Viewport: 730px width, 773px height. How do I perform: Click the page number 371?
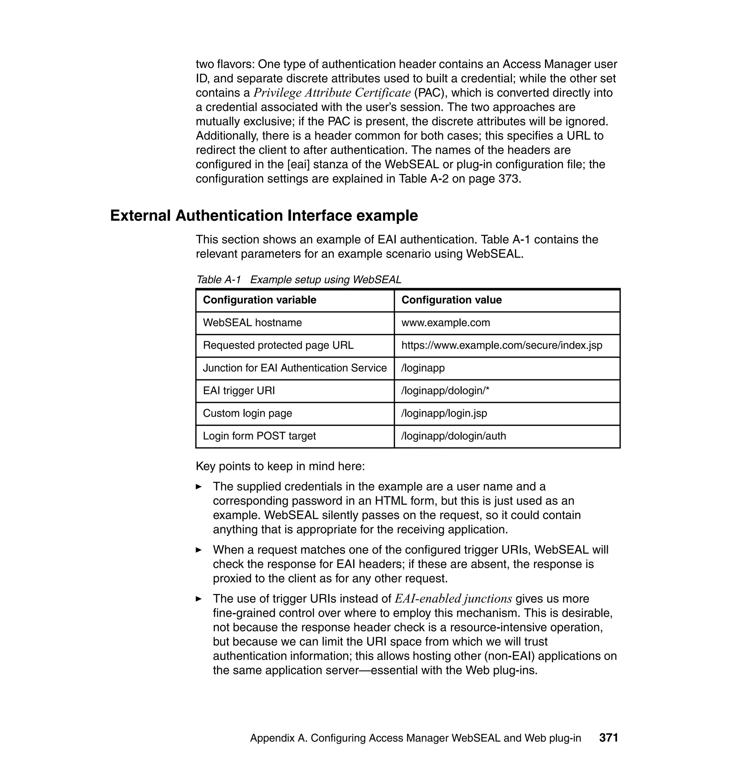pyautogui.click(x=608, y=738)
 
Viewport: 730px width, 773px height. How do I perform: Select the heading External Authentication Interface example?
pyautogui.click(x=264, y=216)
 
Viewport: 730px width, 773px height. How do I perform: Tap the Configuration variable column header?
pyautogui.click(x=259, y=300)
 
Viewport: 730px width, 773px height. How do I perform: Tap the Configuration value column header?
pyautogui.click(x=451, y=300)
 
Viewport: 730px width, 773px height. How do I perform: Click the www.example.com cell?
pyautogui.click(x=446, y=323)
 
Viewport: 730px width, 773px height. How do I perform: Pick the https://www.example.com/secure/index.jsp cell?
pyautogui.click(x=502, y=345)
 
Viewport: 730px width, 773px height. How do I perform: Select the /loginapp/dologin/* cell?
pyautogui.click(x=445, y=390)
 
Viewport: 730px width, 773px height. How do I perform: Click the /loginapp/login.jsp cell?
pyautogui.click(x=444, y=413)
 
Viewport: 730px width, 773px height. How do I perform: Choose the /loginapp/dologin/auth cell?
pyautogui.click(x=454, y=436)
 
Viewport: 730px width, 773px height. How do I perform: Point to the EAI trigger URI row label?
pyautogui.click(x=238, y=390)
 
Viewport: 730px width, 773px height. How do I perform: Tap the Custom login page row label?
pyautogui.click(x=247, y=413)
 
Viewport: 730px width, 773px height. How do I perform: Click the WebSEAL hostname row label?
pyautogui.click(x=252, y=323)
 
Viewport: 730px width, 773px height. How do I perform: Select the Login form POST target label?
pyautogui.click(x=259, y=436)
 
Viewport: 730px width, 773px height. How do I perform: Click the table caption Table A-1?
pyautogui.click(x=219, y=280)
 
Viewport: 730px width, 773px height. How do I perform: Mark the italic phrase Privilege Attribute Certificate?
pyautogui.click(x=332, y=93)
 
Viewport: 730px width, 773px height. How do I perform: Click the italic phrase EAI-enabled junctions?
pyautogui.click(x=453, y=599)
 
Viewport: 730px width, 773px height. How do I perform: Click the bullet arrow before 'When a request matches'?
pyautogui.click(x=199, y=550)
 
